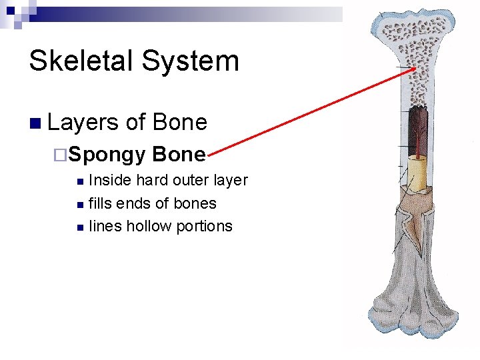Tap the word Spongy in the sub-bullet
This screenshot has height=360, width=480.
pyautogui.click(x=107, y=155)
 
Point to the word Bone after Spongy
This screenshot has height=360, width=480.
pyautogui.click(x=179, y=154)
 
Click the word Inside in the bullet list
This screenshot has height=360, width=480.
pyautogui.click(x=110, y=180)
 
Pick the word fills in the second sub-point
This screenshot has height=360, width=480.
pyautogui.click(x=100, y=203)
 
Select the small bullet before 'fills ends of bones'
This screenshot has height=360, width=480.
pyautogui.click(x=80, y=204)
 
